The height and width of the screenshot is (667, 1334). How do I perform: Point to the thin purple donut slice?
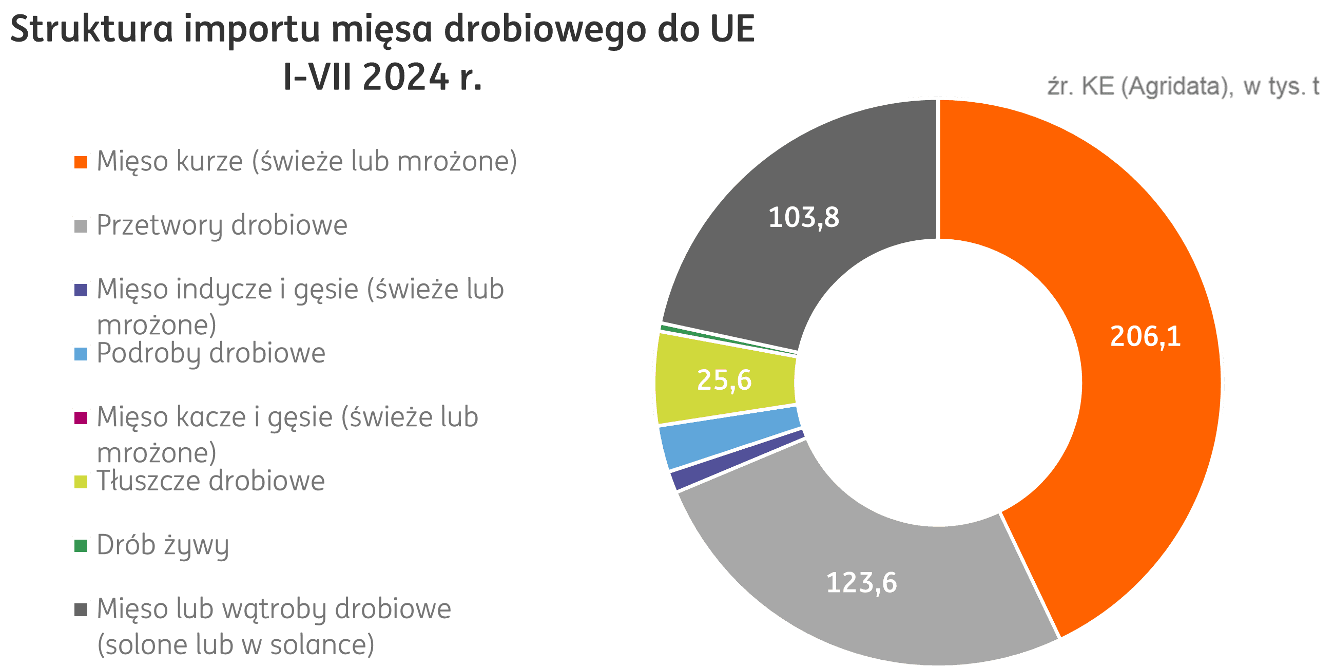pos(736,461)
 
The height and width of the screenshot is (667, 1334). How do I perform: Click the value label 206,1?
pos(1145,337)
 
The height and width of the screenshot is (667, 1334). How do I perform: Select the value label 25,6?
pos(724,380)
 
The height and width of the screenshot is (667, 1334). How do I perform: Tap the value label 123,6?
pos(861,583)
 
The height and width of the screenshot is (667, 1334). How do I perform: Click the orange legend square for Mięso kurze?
pos(81,162)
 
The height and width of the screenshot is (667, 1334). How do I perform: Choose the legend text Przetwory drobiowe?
pos(222,226)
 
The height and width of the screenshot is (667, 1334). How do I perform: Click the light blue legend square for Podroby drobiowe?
pos(81,354)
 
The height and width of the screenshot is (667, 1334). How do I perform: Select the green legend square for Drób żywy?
pos(81,545)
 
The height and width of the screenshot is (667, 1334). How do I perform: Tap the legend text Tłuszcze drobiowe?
pos(211,481)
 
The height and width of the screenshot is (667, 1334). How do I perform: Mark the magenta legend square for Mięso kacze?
pos(81,417)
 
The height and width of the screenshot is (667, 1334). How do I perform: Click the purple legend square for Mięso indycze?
pos(81,290)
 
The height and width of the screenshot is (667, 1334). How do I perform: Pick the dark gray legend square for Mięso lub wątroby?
pos(81,609)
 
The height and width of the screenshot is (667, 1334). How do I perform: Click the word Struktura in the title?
pos(91,29)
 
